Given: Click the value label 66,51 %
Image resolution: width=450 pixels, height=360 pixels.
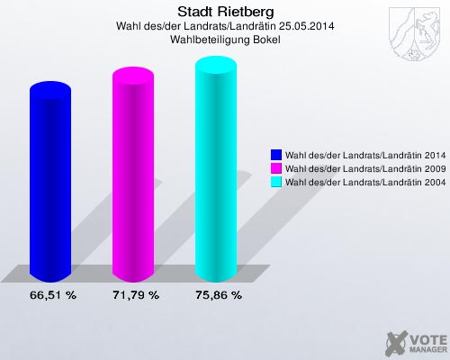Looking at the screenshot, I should (52, 294).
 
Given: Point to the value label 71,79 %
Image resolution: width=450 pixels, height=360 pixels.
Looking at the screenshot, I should (136, 294).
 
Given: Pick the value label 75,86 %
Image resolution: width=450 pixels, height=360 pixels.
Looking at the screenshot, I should (218, 294).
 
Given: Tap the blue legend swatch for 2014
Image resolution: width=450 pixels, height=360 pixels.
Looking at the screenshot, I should (275, 154).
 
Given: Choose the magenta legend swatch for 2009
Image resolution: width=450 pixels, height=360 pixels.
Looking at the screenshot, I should (275, 167).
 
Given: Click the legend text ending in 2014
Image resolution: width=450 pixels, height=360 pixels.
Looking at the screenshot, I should (361, 154).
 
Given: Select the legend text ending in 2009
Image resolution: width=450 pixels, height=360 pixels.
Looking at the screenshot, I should (361, 167).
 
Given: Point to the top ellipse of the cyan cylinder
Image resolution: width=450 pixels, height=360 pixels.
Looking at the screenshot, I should (218, 63).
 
